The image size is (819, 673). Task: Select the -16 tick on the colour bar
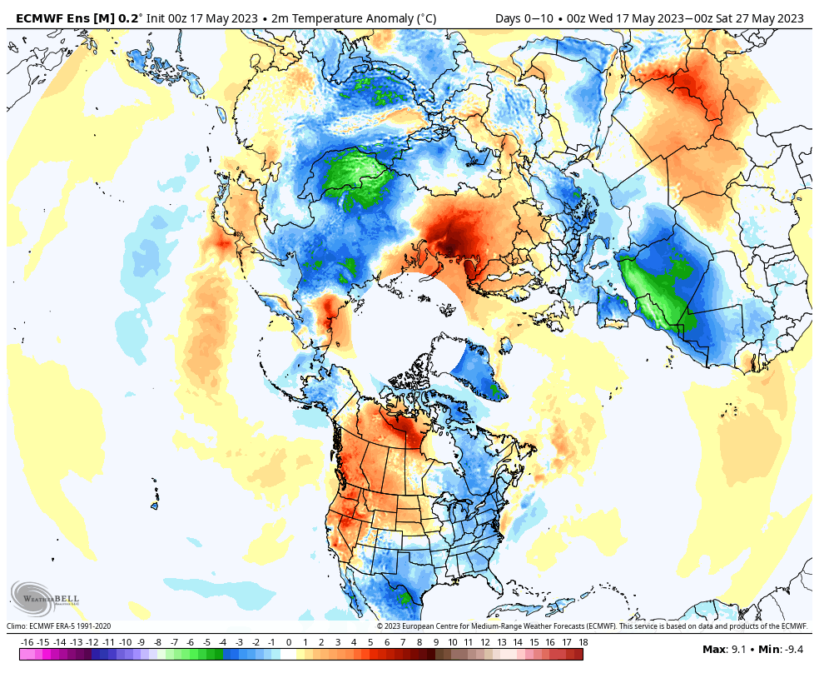[x=27, y=642]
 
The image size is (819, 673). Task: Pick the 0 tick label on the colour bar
[x=289, y=642]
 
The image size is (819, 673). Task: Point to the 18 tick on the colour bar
[x=583, y=642]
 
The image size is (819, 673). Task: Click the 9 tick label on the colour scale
[x=436, y=642]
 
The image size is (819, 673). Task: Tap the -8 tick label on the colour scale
[x=157, y=642]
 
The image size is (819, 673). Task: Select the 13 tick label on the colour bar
[x=502, y=642]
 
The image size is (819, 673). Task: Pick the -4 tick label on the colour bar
[x=223, y=642]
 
